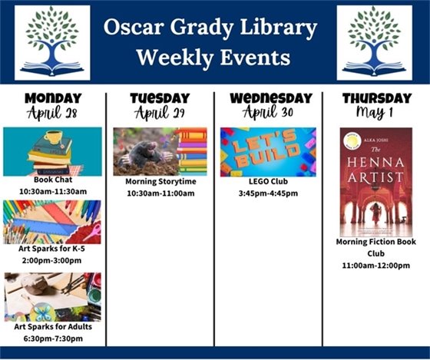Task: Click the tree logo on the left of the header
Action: tap(52, 42)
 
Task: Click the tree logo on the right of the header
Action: tap(374, 42)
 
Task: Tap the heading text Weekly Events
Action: tap(213, 58)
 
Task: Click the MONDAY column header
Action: tap(52, 98)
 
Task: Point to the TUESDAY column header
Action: tap(160, 98)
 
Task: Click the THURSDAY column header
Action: tap(376, 98)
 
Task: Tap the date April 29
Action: tap(160, 113)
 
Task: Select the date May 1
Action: tap(376, 113)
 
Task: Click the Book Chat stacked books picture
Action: tap(52, 151)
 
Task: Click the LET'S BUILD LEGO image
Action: tap(267, 152)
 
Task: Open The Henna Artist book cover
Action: tap(376, 182)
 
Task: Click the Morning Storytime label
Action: tap(160, 182)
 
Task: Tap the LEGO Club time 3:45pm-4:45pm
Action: tap(267, 193)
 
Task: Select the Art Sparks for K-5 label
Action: tap(52, 249)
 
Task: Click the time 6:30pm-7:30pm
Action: tap(52, 338)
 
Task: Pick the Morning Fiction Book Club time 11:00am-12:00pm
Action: tap(376, 265)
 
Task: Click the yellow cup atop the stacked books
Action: tap(53, 137)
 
